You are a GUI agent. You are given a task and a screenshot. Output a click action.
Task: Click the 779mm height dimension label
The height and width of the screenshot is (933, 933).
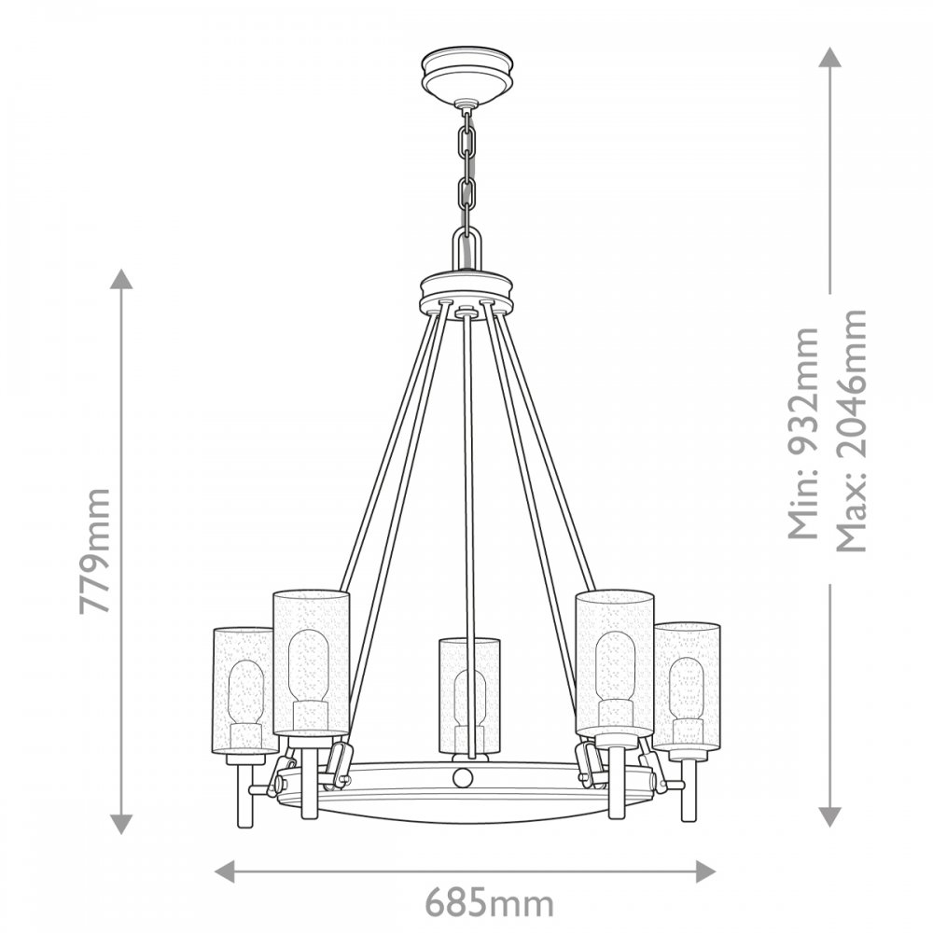95,551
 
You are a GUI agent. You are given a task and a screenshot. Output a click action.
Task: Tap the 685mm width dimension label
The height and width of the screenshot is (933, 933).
489,903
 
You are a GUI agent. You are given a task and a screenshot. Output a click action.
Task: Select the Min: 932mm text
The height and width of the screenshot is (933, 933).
804,433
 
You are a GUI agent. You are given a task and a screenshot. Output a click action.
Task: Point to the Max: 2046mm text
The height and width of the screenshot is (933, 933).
852,430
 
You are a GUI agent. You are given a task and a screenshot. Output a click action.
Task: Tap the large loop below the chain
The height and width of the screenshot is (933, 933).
467,249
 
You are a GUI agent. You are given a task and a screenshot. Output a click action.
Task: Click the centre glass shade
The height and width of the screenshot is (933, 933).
469,695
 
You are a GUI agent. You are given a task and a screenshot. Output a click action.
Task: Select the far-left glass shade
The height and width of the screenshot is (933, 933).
244,690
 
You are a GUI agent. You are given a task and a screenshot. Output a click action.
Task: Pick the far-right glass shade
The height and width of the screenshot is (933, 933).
688,687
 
